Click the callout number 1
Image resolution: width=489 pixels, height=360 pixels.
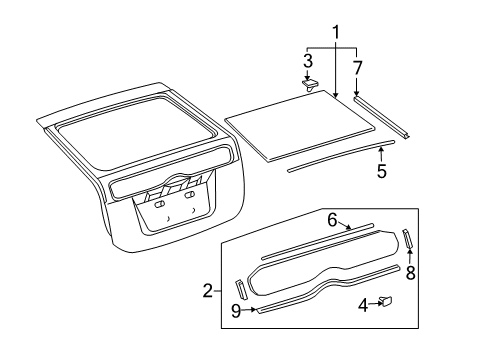336,32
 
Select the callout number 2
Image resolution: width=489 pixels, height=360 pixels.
208,291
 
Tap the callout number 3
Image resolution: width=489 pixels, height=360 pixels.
308,61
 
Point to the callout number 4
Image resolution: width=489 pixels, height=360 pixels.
363,305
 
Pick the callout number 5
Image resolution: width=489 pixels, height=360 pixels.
382,171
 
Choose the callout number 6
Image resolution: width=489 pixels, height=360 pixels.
332,220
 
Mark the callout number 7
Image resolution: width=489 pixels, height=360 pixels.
357,68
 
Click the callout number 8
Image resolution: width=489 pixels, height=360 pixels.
411,273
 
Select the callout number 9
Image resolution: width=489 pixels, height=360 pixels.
236,311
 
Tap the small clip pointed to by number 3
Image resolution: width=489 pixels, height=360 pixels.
310,85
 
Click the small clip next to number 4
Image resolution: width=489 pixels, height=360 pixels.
386,301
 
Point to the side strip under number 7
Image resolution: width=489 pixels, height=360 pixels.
382,117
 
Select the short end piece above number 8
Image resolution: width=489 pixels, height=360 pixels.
407,239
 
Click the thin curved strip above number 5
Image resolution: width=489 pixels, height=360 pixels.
341,157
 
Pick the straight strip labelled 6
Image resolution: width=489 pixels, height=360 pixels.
318,241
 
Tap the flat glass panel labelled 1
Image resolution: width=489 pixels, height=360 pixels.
300,125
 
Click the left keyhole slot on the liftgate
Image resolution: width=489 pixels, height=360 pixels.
159,204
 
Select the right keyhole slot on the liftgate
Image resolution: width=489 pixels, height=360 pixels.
189,195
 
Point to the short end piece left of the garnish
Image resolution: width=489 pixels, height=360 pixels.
241,289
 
